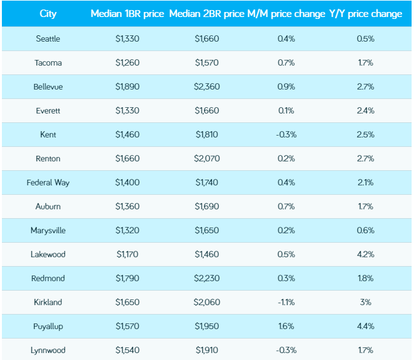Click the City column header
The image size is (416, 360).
[48, 14]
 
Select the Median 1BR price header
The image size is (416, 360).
[128, 14]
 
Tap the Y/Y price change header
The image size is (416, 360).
[366, 14]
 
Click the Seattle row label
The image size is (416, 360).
[48, 38]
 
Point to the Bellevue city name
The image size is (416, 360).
[48, 86]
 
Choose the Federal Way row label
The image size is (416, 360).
[48, 182]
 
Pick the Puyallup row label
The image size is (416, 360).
[48, 326]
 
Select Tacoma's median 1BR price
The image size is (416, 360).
[128, 62]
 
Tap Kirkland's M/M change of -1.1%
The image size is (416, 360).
[286, 302]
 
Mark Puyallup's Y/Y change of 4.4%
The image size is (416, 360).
[366, 326]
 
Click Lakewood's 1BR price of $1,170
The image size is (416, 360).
[128, 254]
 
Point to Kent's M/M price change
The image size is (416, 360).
[286, 134]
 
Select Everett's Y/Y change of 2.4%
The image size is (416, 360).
[366, 110]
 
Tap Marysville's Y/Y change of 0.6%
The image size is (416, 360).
[366, 230]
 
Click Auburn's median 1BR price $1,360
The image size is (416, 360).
[128, 206]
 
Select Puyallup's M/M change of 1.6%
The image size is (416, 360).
[286, 326]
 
